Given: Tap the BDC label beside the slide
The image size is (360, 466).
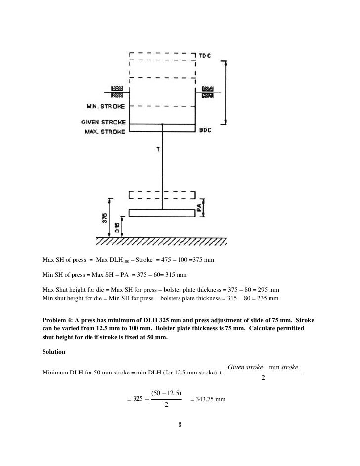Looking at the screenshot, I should [x=205, y=131].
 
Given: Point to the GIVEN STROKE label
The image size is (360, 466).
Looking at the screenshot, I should [x=103, y=122].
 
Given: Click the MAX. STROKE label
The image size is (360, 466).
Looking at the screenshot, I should [x=104, y=132].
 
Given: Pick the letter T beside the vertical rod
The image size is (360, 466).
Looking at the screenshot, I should [x=157, y=149].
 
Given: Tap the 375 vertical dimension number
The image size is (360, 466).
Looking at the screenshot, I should [x=104, y=218].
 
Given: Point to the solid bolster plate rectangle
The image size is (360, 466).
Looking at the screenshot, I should [x=161, y=213].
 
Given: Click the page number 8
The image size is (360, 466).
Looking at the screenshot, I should [x=180, y=424].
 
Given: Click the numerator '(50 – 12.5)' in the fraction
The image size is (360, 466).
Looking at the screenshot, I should [x=166, y=393].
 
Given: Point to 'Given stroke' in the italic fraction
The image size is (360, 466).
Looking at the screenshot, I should [x=244, y=367].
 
